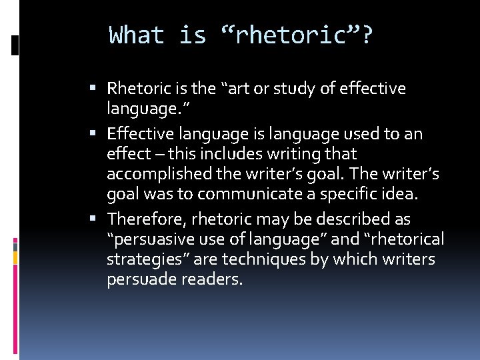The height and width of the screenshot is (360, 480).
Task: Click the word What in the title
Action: [x=136, y=35]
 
